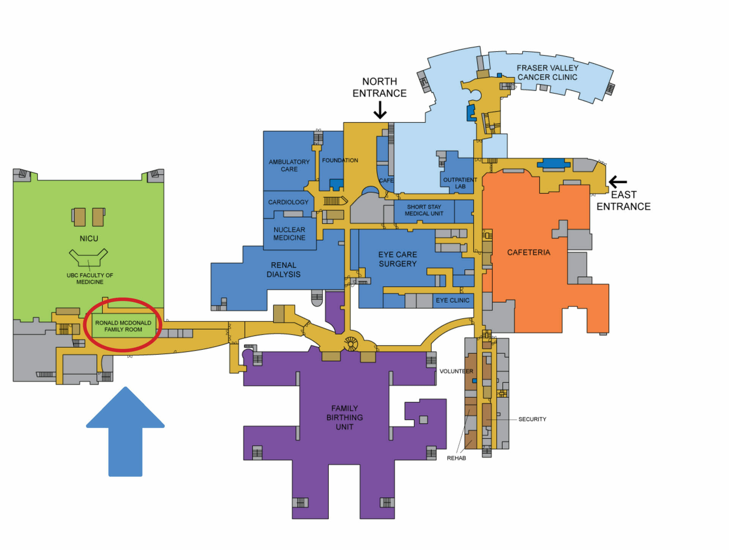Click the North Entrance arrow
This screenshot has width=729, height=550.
(x=380, y=110)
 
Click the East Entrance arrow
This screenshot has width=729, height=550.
(x=618, y=182)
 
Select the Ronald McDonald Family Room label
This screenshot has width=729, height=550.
(x=123, y=326)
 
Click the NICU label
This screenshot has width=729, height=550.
(x=89, y=238)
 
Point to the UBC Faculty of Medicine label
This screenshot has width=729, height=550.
(x=90, y=278)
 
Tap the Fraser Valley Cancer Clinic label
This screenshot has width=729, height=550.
(x=547, y=72)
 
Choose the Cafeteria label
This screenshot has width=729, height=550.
(x=529, y=252)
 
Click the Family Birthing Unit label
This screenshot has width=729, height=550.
(x=344, y=417)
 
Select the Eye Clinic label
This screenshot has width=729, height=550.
(x=453, y=300)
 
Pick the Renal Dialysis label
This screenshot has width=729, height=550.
(x=283, y=269)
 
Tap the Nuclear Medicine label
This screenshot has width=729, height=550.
(x=289, y=233)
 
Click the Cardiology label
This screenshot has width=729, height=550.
(x=288, y=202)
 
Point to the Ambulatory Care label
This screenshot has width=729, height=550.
(x=289, y=165)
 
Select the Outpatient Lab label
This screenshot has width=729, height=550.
(x=460, y=183)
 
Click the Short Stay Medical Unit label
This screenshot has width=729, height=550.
(x=424, y=210)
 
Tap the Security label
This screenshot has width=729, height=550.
(x=532, y=419)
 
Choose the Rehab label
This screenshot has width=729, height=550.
(x=456, y=458)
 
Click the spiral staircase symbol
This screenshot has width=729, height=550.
(x=351, y=344)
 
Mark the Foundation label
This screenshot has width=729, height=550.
(x=340, y=160)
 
